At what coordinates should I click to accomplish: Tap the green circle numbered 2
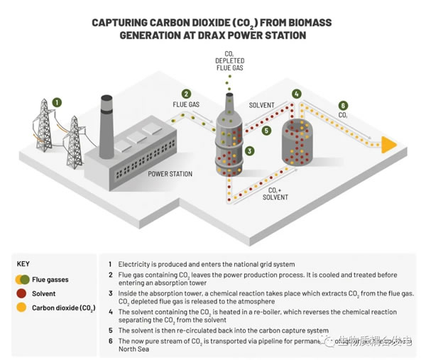186,93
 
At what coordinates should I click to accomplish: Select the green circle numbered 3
250,151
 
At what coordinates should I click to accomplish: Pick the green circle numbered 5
266,130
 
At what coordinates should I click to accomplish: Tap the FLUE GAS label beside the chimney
186,105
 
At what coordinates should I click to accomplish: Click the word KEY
23,263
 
